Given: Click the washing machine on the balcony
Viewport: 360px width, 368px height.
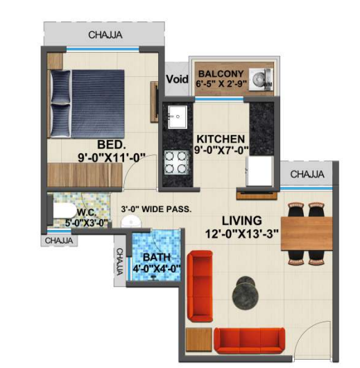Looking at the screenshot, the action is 261,79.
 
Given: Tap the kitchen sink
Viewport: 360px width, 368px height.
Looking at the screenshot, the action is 178,117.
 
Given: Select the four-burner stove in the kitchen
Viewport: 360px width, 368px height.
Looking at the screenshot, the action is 176,162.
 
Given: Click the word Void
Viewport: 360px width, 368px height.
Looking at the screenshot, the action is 178,79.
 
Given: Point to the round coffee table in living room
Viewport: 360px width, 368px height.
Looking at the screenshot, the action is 245,292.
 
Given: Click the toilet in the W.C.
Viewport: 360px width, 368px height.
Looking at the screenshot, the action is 62,211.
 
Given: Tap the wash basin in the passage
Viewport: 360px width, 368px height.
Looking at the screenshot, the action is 131,221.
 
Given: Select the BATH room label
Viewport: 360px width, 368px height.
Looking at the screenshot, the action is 157,257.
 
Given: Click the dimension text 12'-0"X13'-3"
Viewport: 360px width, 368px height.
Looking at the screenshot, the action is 242,234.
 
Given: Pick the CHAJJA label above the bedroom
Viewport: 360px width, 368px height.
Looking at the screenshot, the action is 105,35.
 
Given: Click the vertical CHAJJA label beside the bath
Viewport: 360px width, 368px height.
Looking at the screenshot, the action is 120,261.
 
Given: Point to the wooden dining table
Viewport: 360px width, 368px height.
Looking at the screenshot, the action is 307,234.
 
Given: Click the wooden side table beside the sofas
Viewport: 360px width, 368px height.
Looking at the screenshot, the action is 199,340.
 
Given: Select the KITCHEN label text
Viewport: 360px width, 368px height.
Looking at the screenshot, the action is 221,139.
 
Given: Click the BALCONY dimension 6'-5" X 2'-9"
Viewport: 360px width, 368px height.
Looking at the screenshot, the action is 221,84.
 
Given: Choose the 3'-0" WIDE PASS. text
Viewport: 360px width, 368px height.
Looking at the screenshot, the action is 156,209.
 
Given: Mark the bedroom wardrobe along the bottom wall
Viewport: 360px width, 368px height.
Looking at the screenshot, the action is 85,175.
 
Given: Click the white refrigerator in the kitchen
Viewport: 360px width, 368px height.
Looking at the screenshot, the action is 260,171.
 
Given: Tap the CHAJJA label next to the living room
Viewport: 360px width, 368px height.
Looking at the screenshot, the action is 307,175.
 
